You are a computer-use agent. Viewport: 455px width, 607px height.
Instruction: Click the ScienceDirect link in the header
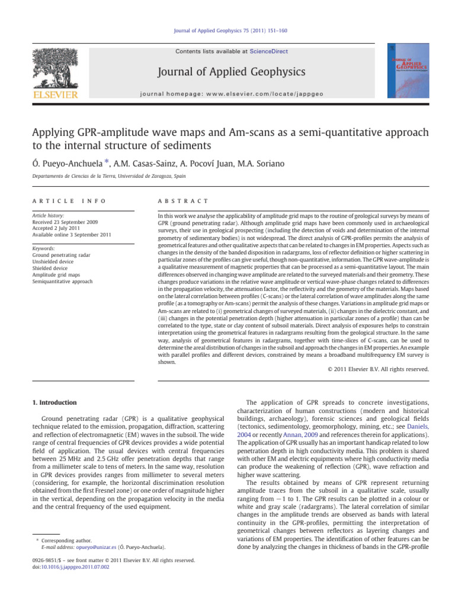269,52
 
